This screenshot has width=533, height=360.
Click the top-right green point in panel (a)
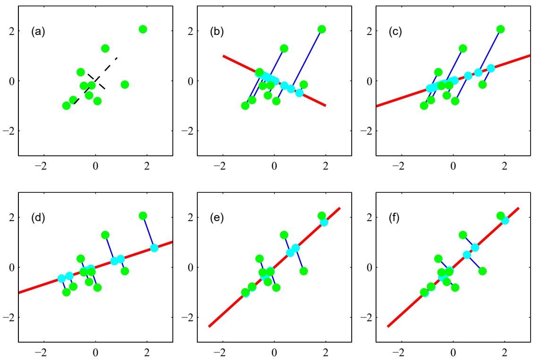(143, 29)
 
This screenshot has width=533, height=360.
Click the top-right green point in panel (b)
(322, 29)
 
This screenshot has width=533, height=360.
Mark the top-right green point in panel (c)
(500, 29)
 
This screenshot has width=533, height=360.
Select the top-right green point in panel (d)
(143, 216)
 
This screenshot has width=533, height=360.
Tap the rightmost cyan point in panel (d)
(154, 248)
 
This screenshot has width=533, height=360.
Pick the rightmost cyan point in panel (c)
(491, 68)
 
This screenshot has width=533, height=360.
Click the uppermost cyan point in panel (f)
(505, 221)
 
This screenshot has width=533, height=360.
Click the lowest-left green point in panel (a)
(67, 105)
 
